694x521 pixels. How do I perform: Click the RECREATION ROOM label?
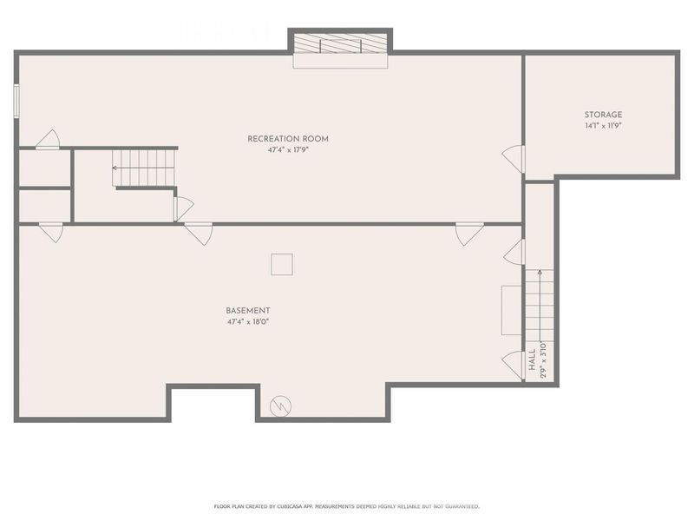(288, 139)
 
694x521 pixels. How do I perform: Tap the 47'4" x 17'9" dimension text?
(288, 150)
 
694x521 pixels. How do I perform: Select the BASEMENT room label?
(248, 310)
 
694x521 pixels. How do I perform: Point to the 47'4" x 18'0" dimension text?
(248, 322)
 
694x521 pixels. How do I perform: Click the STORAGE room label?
(602, 115)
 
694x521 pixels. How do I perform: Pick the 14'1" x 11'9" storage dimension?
(602, 126)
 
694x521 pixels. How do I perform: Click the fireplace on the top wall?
(339, 45)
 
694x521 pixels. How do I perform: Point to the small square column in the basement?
(282, 264)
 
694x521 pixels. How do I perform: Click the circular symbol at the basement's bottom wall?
(281, 405)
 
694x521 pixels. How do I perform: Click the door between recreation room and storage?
(514, 159)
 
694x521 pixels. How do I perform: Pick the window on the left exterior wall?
(16, 99)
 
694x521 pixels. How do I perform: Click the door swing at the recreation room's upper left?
(47, 140)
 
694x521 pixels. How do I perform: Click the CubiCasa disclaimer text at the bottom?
(346, 506)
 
